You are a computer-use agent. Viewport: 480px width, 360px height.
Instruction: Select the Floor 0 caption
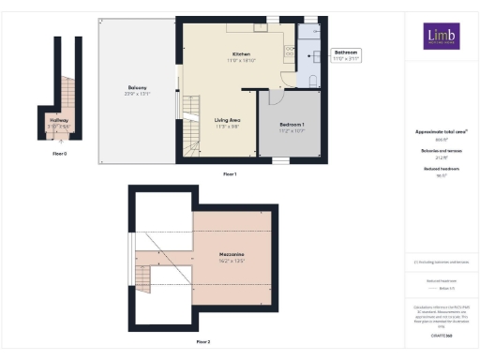pyautogui.click(x=59, y=151)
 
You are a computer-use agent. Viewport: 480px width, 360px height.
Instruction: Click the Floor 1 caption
pyautogui.click(x=230, y=174)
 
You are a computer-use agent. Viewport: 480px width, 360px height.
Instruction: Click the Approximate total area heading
pyautogui.click(x=436, y=132)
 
